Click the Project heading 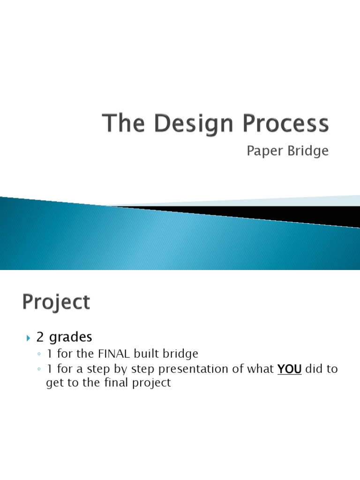(x=55, y=302)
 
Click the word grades (x=71, y=337)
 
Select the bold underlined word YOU (x=289, y=369)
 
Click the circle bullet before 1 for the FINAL (x=39, y=355)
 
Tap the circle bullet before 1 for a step (x=39, y=369)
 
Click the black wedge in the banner (x=281, y=214)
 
